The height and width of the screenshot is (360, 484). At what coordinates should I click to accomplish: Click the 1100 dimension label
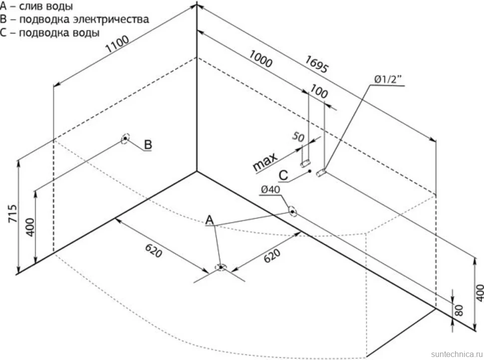[117, 44]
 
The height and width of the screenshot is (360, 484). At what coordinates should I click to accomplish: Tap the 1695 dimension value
[316, 64]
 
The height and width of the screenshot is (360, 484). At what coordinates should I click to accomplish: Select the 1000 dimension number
[260, 59]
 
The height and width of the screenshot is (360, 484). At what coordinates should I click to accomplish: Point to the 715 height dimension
[12, 213]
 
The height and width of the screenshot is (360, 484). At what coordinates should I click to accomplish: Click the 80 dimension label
[460, 310]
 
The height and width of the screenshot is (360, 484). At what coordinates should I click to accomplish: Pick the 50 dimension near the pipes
[298, 136]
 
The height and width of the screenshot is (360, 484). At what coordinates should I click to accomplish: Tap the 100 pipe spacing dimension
[319, 91]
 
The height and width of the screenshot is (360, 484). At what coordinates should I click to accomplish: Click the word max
[264, 162]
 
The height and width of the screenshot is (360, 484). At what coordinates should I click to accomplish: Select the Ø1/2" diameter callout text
[388, 80]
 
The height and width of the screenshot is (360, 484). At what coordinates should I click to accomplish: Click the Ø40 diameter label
[270, 189]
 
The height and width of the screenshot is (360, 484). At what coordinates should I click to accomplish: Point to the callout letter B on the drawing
[148, 145]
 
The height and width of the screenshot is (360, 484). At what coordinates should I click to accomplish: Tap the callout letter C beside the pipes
[283, 176]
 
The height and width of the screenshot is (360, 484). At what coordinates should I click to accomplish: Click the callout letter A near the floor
[210, 220]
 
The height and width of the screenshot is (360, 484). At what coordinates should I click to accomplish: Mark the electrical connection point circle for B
[125, 139]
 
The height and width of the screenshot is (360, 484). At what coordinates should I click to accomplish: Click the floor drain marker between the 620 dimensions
[221, 267]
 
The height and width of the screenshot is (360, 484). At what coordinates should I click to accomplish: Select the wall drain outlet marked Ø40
[292, 211]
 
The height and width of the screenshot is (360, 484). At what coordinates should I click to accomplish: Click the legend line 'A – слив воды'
[36, 6]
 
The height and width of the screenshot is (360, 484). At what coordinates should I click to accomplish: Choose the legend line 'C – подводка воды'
[50, 33]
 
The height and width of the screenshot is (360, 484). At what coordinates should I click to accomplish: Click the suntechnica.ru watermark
[457, 354]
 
